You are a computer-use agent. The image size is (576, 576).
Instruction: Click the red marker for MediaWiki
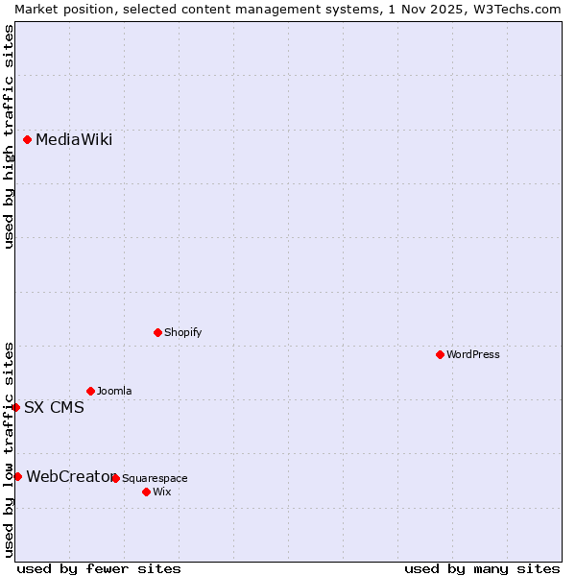coord(28,140)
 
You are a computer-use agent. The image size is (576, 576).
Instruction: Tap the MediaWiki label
coord(74,140)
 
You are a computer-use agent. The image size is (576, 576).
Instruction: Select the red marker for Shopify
coord(158,332)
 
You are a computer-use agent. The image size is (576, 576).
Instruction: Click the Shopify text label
coord(182,332)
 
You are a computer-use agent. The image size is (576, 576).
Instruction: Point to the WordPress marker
coord(441,354)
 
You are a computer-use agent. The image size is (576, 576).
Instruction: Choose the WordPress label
coord(473,354)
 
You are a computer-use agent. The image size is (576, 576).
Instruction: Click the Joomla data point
coord(91,391)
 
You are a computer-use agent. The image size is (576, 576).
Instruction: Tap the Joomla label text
coord(114,391)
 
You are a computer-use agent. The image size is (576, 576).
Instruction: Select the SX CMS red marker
coord(16,407)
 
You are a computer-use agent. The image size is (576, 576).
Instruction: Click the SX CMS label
coord(54,407)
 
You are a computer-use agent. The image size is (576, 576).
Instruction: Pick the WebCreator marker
coord(17,476)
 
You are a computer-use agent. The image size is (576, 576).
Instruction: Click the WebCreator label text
coord(69,476)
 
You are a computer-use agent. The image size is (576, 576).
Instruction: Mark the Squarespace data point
coord(116,478)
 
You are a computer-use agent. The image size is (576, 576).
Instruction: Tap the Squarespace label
coord(155,478)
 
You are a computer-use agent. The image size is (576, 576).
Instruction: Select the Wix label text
coord(161,492)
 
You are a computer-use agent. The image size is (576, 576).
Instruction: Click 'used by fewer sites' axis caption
coord(99,568)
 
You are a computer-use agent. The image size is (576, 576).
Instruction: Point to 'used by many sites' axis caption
coord(482,568)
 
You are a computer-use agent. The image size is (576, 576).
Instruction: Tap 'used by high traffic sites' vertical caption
coord(9,136)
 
